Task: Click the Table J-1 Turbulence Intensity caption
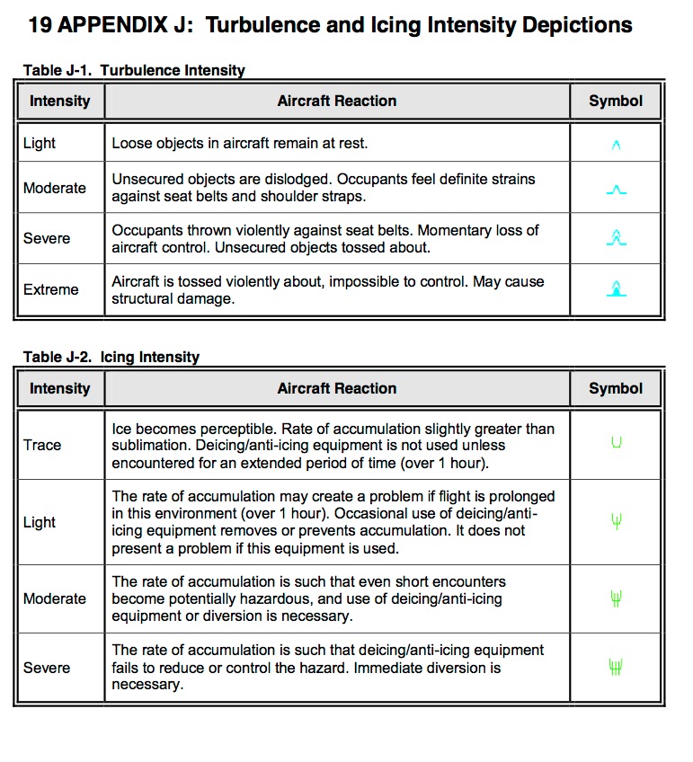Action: pyautogui.click(x=133, y=70)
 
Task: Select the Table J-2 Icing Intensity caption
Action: pyautogui.click(x=111, y=357)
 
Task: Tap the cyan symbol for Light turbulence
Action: pyautogui.click(x=616, y=144)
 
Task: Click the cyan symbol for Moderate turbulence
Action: pyautogui.click(x=616, y=190)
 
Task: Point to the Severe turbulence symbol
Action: pyautogui.click(x=616, y=238)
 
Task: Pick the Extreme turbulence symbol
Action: pyautogui.click(x=616, y=288)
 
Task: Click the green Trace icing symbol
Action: pyautogui.click(x=616, y=443)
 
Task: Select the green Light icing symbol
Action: pyautogui.click(x=616, y=521)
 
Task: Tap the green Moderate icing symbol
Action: pyautogui.click(x=616, y=598)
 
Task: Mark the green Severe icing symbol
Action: pyautogui.click(x=616, y=667)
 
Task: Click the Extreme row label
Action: pyautogui.click(x=51, y=289)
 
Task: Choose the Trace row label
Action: pyautogui.click(x=42, y=445)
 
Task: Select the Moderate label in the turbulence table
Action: pyautogui.click(x=55, y=188)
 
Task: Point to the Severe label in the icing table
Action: pyautogui.click(x=47, y=668)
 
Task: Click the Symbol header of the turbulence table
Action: pyautogui.click(x=616, y=101)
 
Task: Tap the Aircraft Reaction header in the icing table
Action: pyautogui.click(x=337, y=388)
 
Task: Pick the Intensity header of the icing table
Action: pyautogui.click(x=60, y=388)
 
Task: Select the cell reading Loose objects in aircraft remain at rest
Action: pyautogui.click(x=240, y=143)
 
